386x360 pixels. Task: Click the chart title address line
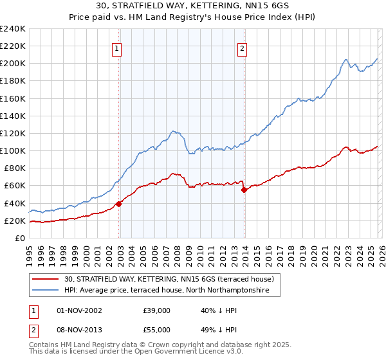193,6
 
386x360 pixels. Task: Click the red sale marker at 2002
118,204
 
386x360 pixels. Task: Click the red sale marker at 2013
244,190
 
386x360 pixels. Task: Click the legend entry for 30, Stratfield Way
170,279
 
